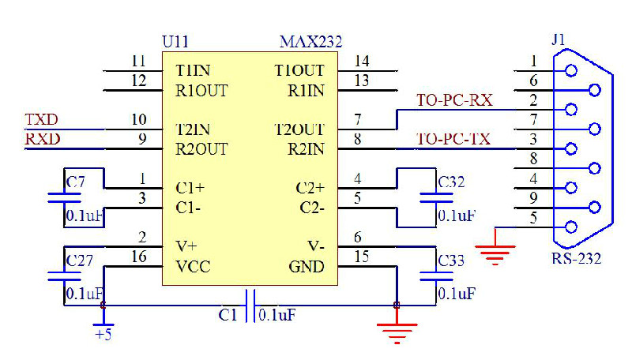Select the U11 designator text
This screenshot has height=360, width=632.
pos(175,42)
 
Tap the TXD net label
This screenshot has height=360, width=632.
pos(42,120)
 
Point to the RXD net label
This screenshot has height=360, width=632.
pos(42,140)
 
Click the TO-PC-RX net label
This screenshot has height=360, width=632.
pos(454,100)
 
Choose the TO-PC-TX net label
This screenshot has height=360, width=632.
pos(454,140)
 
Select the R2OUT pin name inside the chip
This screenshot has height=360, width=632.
pos(201,148)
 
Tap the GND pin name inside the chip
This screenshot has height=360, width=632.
pos(307,266)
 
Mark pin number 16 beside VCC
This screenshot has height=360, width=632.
pos(139,257)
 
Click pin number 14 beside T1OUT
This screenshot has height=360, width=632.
pos(363,61)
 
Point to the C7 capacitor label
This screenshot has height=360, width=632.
pos(75,182)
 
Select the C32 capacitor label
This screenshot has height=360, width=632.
pos(451,182)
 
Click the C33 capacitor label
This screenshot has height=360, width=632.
pos(451,260)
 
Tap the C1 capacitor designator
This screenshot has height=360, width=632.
pos(228,315)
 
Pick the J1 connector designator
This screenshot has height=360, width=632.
pos(559,40)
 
